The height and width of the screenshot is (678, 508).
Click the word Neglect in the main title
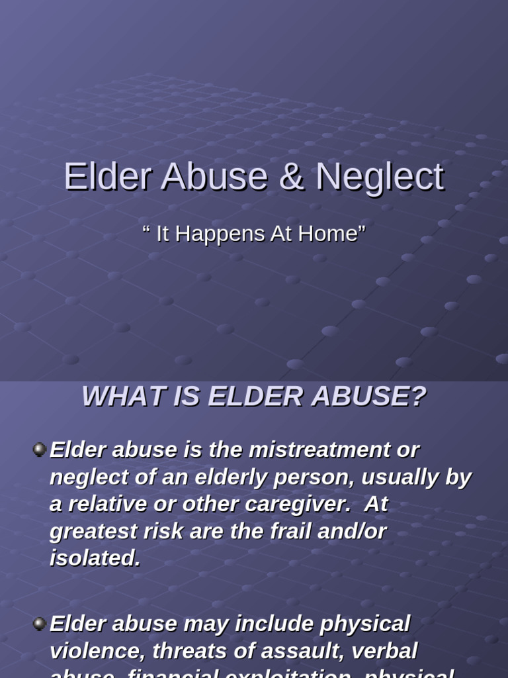(379, 177)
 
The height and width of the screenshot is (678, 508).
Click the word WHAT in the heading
(114, 397)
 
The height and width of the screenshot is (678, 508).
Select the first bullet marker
(39, 450)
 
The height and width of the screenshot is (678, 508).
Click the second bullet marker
(39, 624)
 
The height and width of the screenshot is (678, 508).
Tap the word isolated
(95, 559)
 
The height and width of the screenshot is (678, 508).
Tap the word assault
(294, 652)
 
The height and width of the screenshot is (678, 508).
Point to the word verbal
(384, 652)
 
